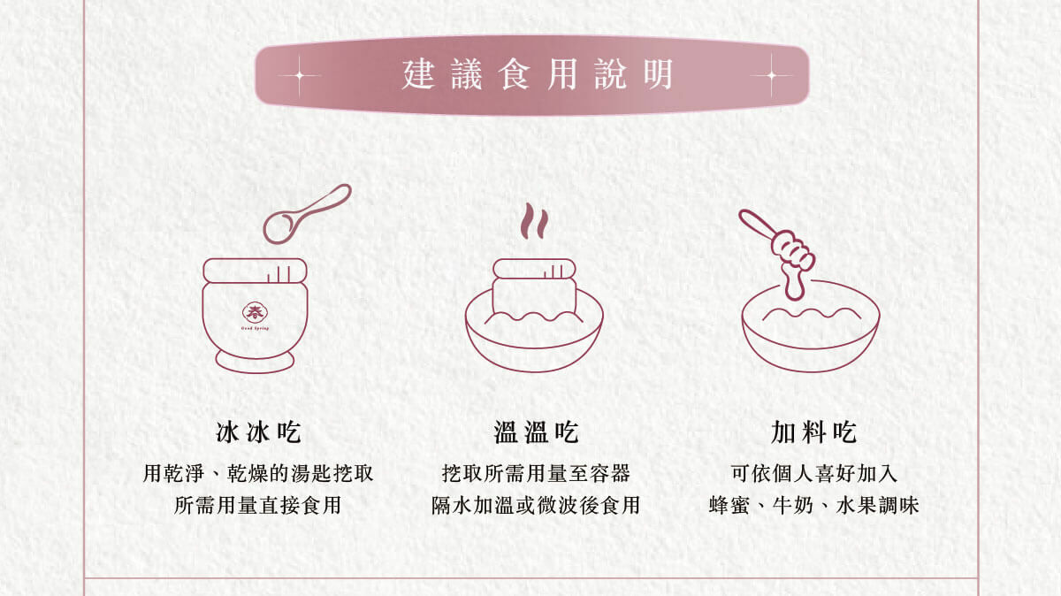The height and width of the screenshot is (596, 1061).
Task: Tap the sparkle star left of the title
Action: tap(298, 75)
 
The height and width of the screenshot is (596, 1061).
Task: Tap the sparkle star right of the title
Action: tap(771, 75)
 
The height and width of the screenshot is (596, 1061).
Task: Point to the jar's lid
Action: tap(256, 270)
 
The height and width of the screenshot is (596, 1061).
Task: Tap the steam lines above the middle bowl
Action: tap(532, 222)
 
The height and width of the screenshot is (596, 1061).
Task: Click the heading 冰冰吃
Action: tap(258, 433)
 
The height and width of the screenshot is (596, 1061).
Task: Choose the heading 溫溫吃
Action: tap(536, 433)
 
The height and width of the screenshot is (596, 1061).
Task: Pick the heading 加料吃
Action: tap(813, 433)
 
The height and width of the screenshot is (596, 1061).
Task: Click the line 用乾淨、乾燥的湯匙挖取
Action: tap(258, 473)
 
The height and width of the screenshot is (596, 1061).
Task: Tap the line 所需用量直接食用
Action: tap(258, 506)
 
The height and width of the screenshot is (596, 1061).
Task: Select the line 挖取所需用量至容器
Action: tap(536, 473)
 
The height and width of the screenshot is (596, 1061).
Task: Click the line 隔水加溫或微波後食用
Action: tap(536, 506)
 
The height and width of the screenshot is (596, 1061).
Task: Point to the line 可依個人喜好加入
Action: tap(813, 473)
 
